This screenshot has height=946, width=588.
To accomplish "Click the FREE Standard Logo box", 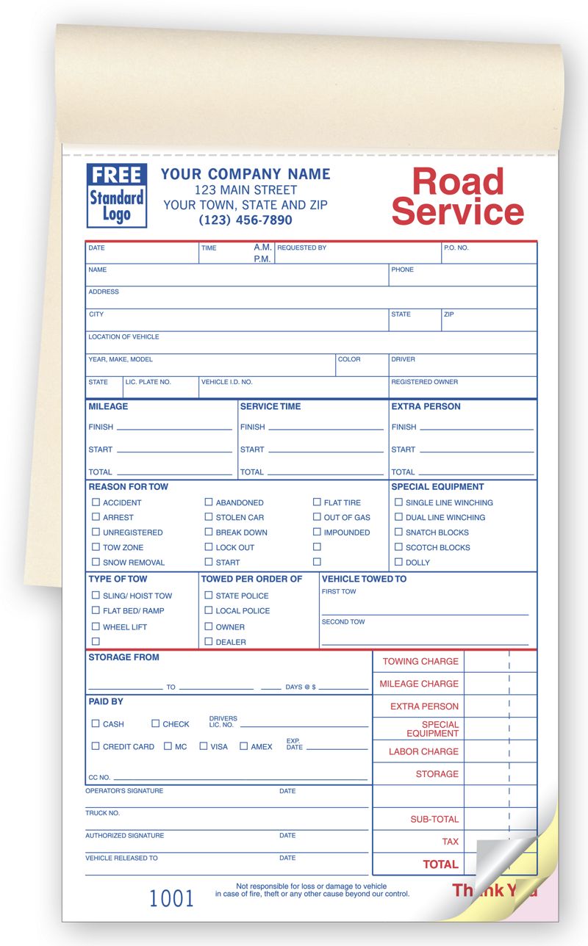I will (x=116, y=195).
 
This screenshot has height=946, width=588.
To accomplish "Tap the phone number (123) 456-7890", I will (x=245, y=220).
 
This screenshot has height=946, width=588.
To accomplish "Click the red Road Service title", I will (x=457, y=197).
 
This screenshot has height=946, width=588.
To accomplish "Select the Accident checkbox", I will (x=96, y=502).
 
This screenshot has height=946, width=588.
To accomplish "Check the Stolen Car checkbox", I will (x=209, y=517).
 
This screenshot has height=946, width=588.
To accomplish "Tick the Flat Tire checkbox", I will (x=317, y=502).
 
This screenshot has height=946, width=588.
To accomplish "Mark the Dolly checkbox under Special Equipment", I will (x=398, y=562).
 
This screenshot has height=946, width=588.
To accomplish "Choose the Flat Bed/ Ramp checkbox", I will (x=96, y=610).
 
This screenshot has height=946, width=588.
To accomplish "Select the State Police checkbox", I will (x=209, y=596).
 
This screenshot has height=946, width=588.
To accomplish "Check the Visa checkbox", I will (x=204, y=746).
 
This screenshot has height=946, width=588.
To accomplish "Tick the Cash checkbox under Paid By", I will (x=96, y=723).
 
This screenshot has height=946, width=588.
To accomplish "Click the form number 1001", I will (x=171, y=898).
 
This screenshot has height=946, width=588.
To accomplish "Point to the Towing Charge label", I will (x=420, y=661).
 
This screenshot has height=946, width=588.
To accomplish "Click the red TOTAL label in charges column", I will (x=440, y=864).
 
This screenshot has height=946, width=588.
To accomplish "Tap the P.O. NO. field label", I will (x=456, y=248).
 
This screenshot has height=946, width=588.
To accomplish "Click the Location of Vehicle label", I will (x=123, y=337).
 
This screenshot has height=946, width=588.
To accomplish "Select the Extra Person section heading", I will (x=426, y=406).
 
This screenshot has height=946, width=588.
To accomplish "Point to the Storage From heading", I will (x=123, y=657).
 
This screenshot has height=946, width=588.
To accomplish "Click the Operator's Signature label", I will (x=124, y=791).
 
